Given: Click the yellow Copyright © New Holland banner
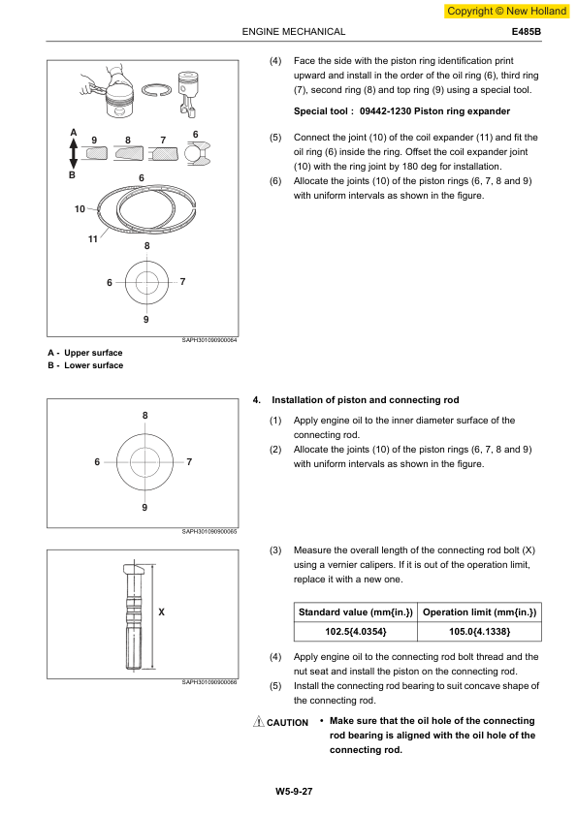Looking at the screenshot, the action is point(506,11).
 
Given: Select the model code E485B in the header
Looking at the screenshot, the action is point(526,32).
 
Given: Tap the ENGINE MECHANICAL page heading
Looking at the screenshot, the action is point(294,32).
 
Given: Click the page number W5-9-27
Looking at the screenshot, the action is point(294,792).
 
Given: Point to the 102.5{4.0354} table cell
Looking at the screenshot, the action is point(356,632).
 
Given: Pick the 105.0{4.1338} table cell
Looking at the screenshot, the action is point(480,632).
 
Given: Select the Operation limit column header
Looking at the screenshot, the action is point(480,612).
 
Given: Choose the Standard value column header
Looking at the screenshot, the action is point(356,612).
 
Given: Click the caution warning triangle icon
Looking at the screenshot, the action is point(258,721).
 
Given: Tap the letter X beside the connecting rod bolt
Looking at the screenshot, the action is point(161,612).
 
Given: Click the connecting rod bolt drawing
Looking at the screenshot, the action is point(135,614).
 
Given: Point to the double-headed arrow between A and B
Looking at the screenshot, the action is point(74,153).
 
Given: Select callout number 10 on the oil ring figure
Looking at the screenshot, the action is point(80,208).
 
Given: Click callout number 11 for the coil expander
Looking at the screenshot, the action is point(93,238).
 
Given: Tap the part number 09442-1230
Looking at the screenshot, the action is point(385,111).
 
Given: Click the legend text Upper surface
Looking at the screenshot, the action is point(93,353).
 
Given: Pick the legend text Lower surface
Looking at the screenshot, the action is point(94,365).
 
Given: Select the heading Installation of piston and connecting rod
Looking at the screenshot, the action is point(365,400).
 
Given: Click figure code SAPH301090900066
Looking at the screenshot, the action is point(209,682).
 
